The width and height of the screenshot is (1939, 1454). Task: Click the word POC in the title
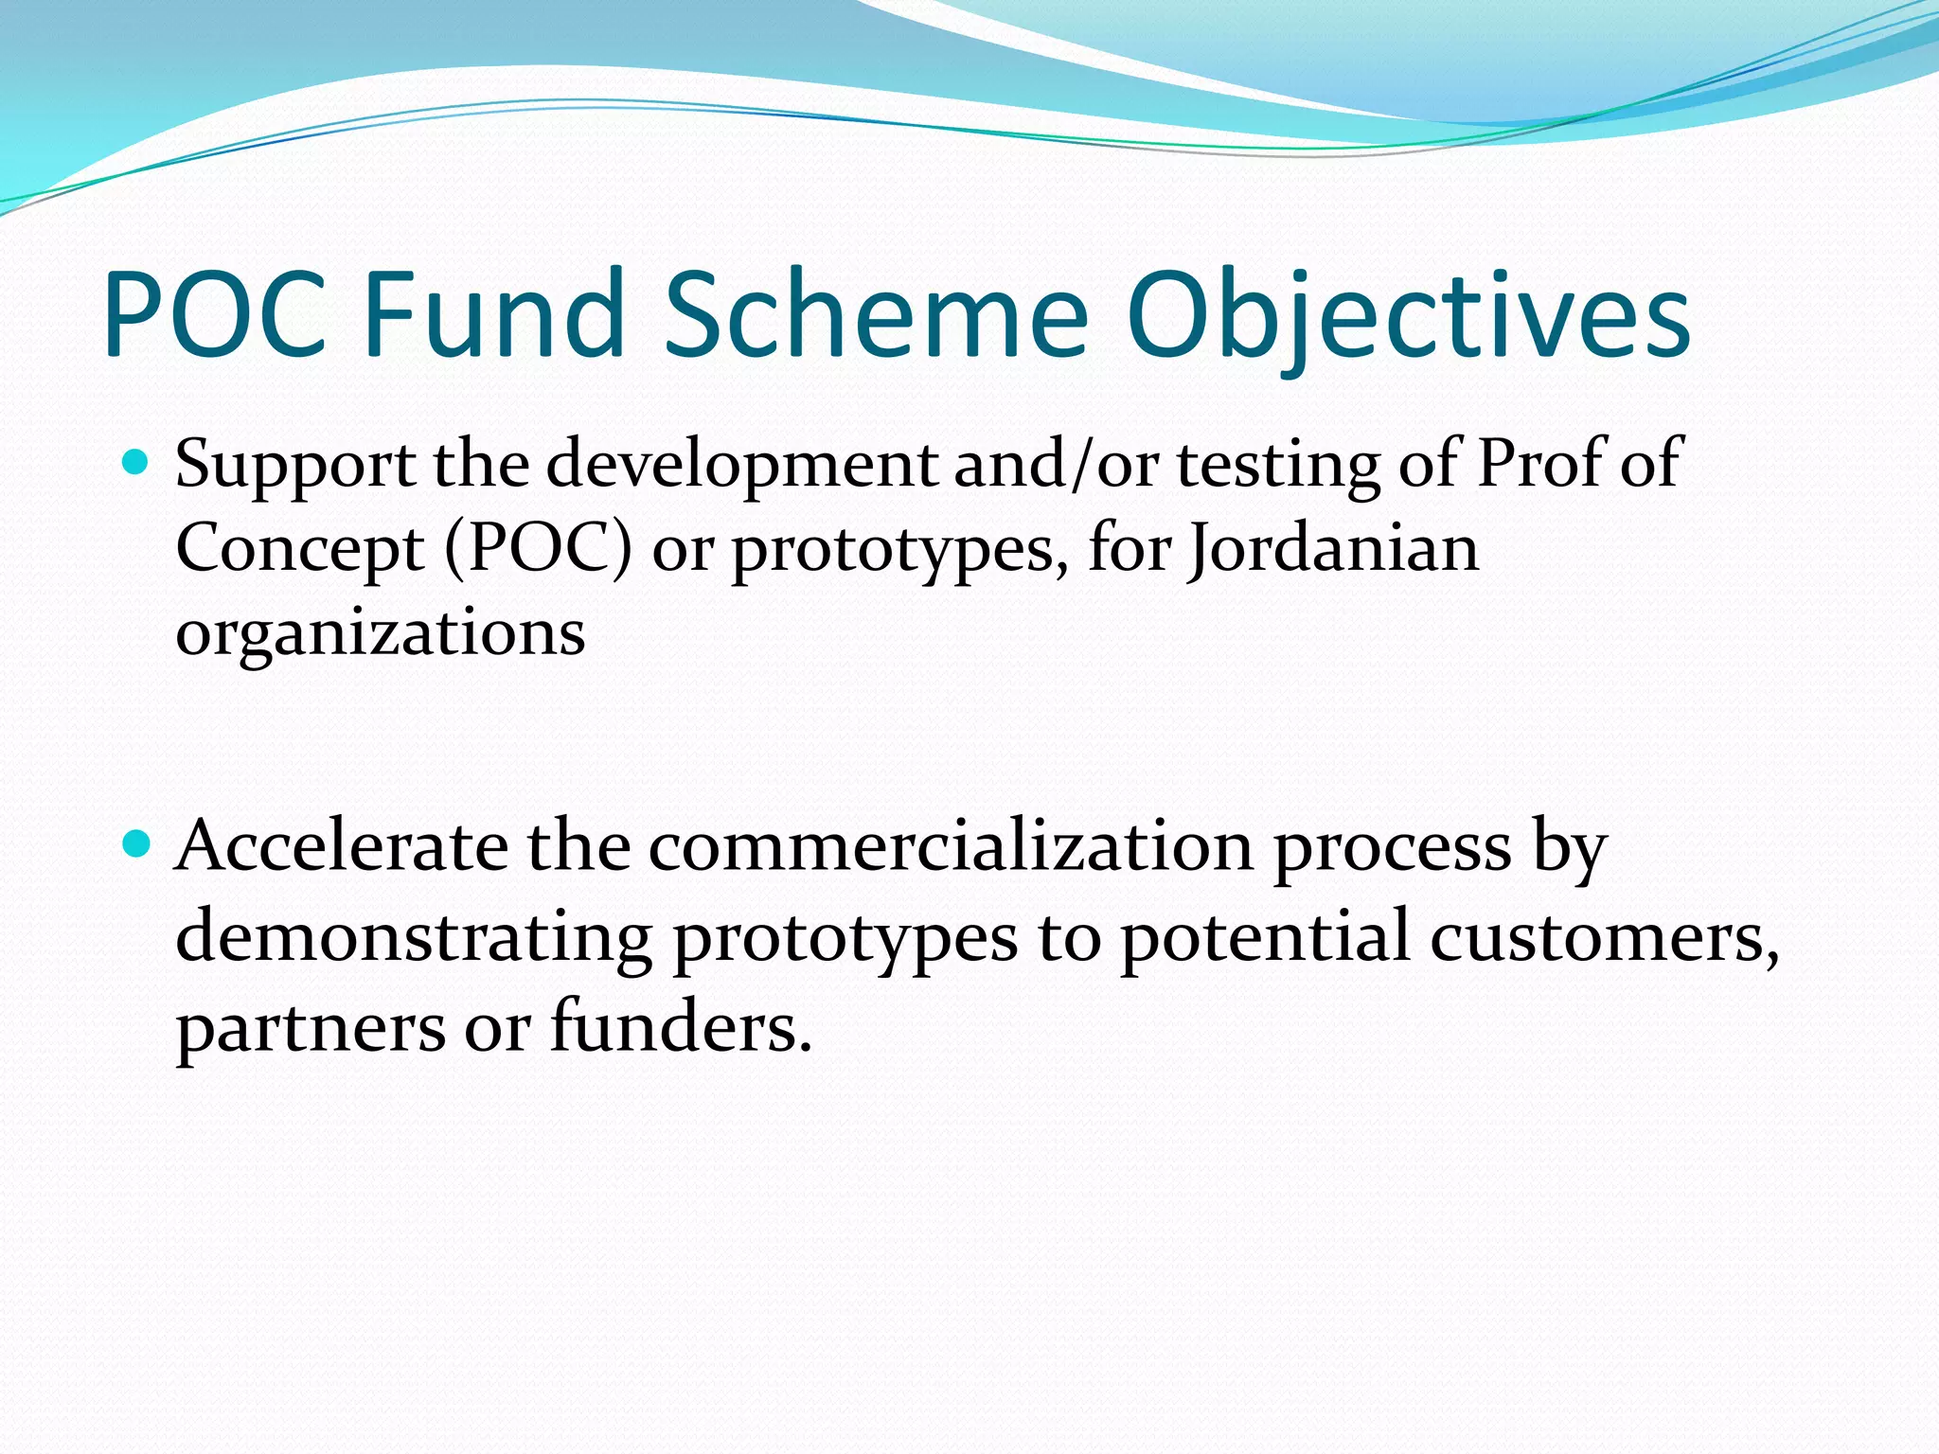tap(216, 315)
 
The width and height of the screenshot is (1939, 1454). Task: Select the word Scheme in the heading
tap(876, 315)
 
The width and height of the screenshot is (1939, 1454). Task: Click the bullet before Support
tap(138, 463)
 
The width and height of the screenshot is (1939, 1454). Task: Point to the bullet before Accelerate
tap(138, 842)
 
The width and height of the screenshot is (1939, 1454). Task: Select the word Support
tap(294, 467)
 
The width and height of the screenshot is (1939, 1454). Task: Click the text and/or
tap(1056, 465)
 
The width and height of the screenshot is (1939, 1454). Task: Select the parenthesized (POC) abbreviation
tap(538, 549)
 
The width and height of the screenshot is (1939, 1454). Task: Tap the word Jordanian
tap(1334, 549)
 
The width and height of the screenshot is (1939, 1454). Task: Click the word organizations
tap(381, 634)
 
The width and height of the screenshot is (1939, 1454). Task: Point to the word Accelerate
tap(342, 845)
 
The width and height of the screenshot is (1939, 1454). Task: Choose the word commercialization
tap(951, 845)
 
